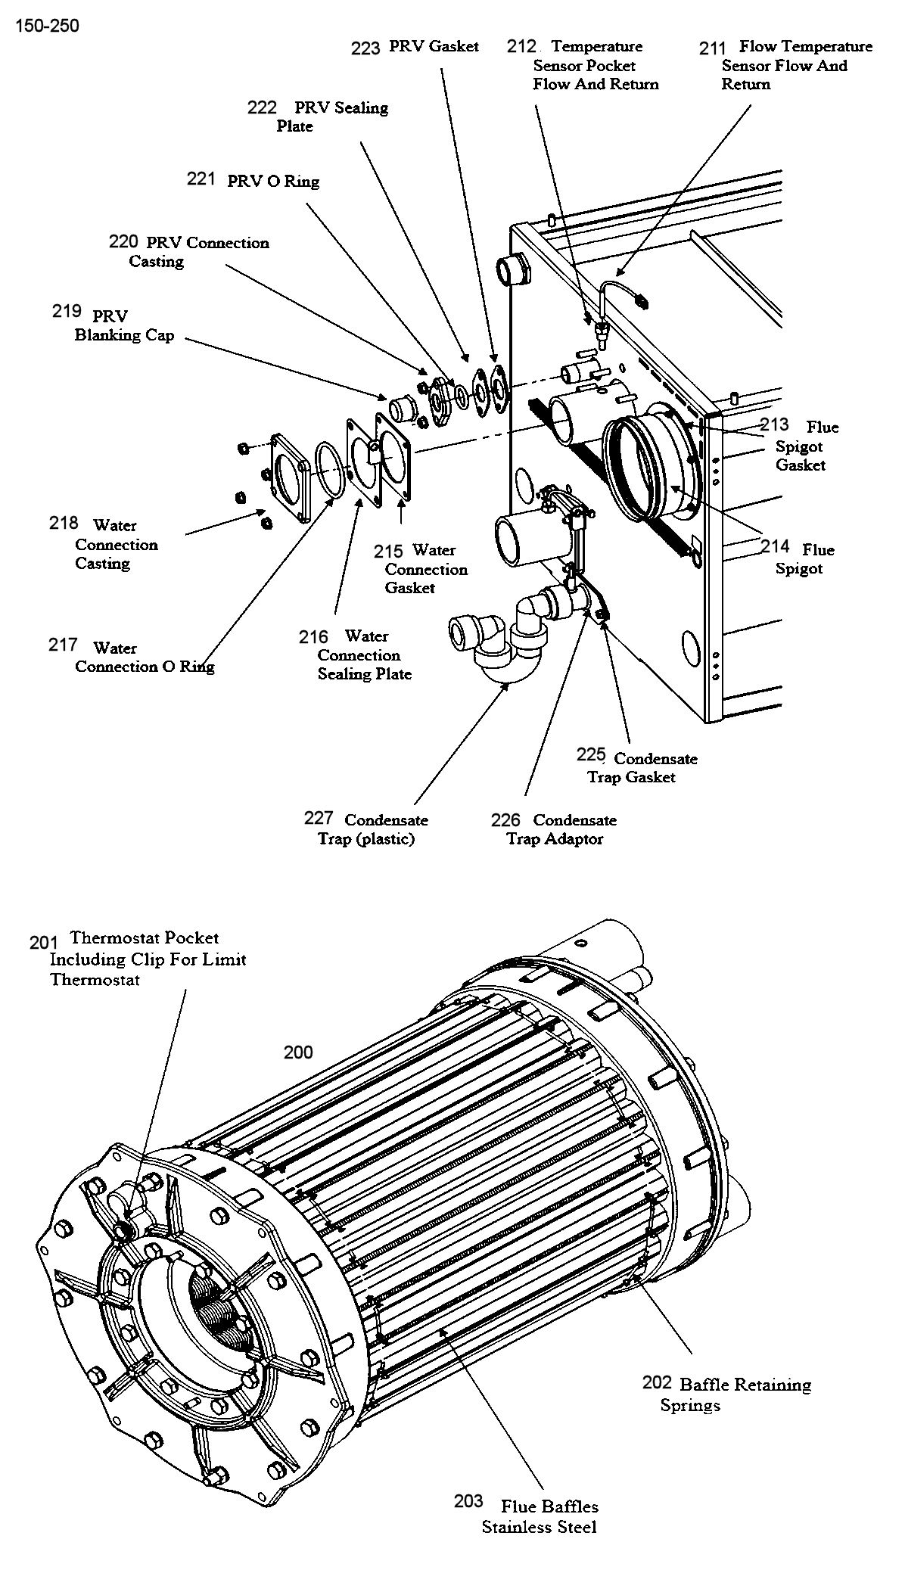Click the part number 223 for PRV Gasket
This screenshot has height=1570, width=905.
coord(365,48)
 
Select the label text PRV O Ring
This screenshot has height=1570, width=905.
coord(273,182)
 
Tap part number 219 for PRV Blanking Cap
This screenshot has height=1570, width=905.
coord(67,311)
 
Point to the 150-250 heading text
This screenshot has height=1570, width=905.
coord(46,26)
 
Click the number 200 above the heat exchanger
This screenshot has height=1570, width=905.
coord(298,1052)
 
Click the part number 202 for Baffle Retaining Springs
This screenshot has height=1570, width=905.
coord(657,1383)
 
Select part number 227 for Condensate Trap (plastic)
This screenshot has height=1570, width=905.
coord(319,818)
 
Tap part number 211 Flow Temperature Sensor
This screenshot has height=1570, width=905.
coord(713,48)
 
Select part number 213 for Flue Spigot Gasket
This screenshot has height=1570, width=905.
coord(775,424)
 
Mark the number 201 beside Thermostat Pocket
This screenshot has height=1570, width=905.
coord(44,943)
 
